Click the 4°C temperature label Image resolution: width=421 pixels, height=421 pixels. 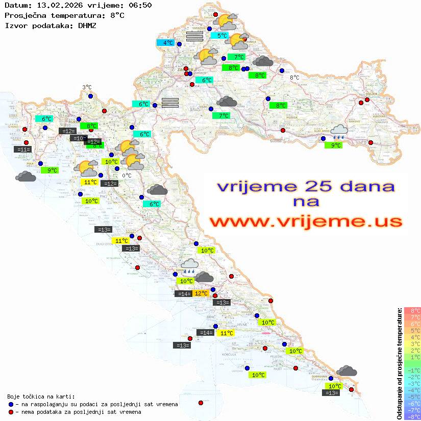coord(168,43)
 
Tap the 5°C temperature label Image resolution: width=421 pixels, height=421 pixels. coord(222,36)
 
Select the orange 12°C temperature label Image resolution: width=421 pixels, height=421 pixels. coord(201,293)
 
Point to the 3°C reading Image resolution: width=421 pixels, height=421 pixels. coord(87,87)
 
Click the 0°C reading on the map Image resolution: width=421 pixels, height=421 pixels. coord(127,176)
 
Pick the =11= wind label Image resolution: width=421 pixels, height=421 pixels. coord(23,150)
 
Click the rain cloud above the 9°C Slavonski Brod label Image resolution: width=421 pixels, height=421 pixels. coord(339,132)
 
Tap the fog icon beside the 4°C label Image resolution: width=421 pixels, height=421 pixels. coord(194,36)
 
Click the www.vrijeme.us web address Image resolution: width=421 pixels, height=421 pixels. coord(305,222)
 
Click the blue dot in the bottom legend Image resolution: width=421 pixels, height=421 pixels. coord(11,404)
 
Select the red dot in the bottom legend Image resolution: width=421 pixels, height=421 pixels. coord(11,412)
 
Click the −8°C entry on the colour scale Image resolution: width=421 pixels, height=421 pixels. coord(412,416)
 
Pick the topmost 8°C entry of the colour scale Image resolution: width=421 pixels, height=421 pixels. coord(412,311)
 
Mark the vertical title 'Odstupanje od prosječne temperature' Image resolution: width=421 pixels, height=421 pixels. coord(399,363)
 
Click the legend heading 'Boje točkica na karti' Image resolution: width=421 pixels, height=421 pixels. coord(41,396)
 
